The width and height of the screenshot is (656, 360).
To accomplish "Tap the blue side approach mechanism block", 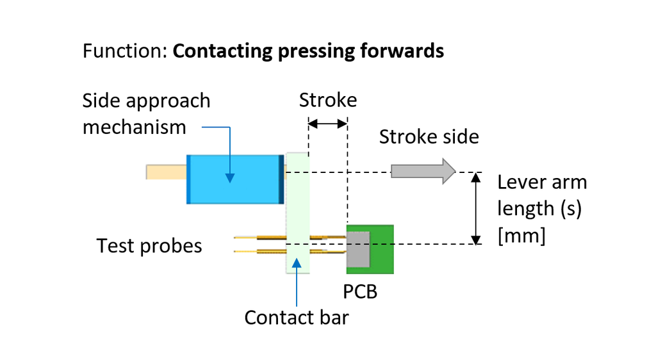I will coord(234,179).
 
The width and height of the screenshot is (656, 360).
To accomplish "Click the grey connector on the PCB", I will coord(358,249).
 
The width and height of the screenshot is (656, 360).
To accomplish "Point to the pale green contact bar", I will coord(297,212).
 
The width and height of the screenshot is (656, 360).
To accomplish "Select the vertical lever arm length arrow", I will coord(476,208).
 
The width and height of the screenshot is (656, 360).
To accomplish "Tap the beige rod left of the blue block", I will coord(166,172).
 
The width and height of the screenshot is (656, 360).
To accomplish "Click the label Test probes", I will coord(149,246).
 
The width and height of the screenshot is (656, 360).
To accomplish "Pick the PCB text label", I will coord(360,291).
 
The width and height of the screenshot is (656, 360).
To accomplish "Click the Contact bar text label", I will coord(297,317).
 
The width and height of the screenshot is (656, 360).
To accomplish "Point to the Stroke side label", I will coord(429,136).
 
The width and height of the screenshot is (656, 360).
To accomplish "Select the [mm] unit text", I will coord(521,236).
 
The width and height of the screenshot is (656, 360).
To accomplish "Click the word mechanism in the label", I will coord(135,127).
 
